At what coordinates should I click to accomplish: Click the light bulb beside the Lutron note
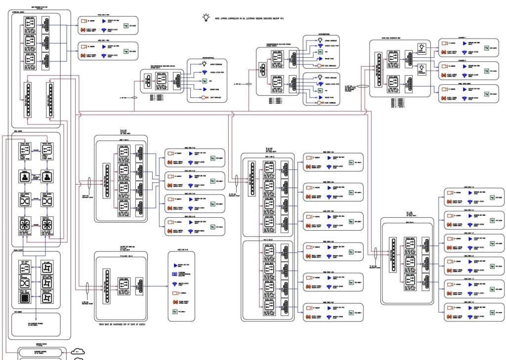point(206,18)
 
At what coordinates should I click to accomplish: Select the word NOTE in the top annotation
point(221,18)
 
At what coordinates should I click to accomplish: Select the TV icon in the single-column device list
point(173,311)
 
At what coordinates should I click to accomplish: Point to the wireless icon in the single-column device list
point(173,284)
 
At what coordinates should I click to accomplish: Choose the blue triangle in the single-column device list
point(173,265)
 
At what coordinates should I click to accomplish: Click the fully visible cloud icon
point(77,351)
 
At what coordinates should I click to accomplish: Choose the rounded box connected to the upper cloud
point(42,352)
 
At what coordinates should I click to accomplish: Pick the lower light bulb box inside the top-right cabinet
point(422,68)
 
